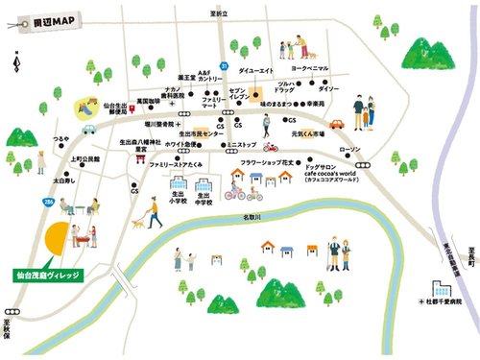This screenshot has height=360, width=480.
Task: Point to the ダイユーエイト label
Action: tap(256, 70)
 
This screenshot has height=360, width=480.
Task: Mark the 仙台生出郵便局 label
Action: tap(114, 109)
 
